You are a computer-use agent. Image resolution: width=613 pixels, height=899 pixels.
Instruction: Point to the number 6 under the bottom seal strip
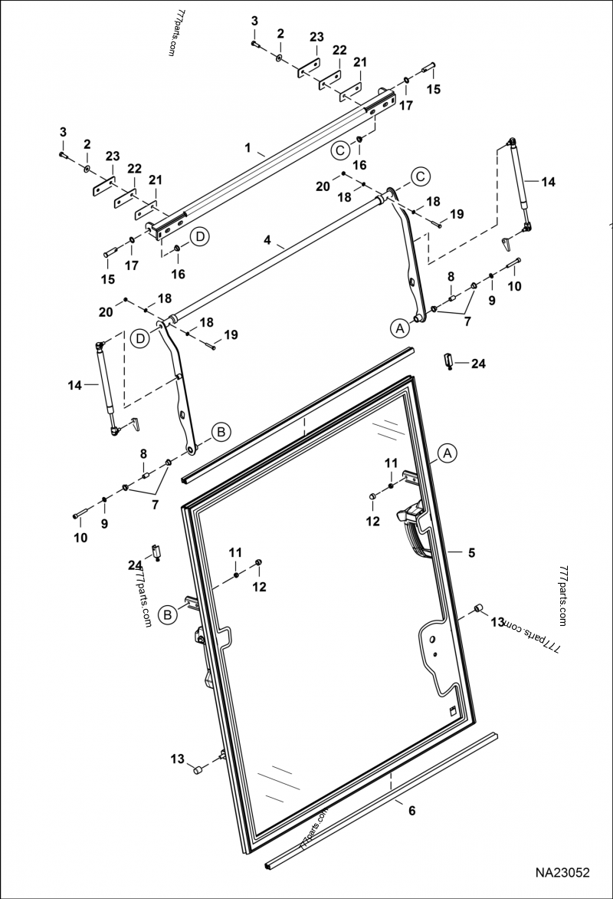[x=411, y=810]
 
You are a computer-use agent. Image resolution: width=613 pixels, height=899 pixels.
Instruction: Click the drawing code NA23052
[x=562, y=873]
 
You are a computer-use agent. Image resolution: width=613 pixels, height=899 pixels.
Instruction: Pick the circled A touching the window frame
[x=448, y=453]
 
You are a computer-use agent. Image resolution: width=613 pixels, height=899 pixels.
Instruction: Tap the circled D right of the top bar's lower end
[x=199, y=236]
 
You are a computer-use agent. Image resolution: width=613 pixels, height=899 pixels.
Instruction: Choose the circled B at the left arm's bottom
[x=221, y=432]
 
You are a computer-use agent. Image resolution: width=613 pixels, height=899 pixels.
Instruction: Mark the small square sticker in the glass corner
[x=454, y=710]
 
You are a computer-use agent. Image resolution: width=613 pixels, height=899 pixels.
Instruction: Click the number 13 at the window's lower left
[x=178, y=759]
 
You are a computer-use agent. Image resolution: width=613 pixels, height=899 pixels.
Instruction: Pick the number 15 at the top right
[x=434, y=89]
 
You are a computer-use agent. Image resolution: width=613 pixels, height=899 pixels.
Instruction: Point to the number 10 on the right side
[x=514, y=286]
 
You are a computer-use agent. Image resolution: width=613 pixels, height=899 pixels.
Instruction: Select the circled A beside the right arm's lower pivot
[x=398, y=328]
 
